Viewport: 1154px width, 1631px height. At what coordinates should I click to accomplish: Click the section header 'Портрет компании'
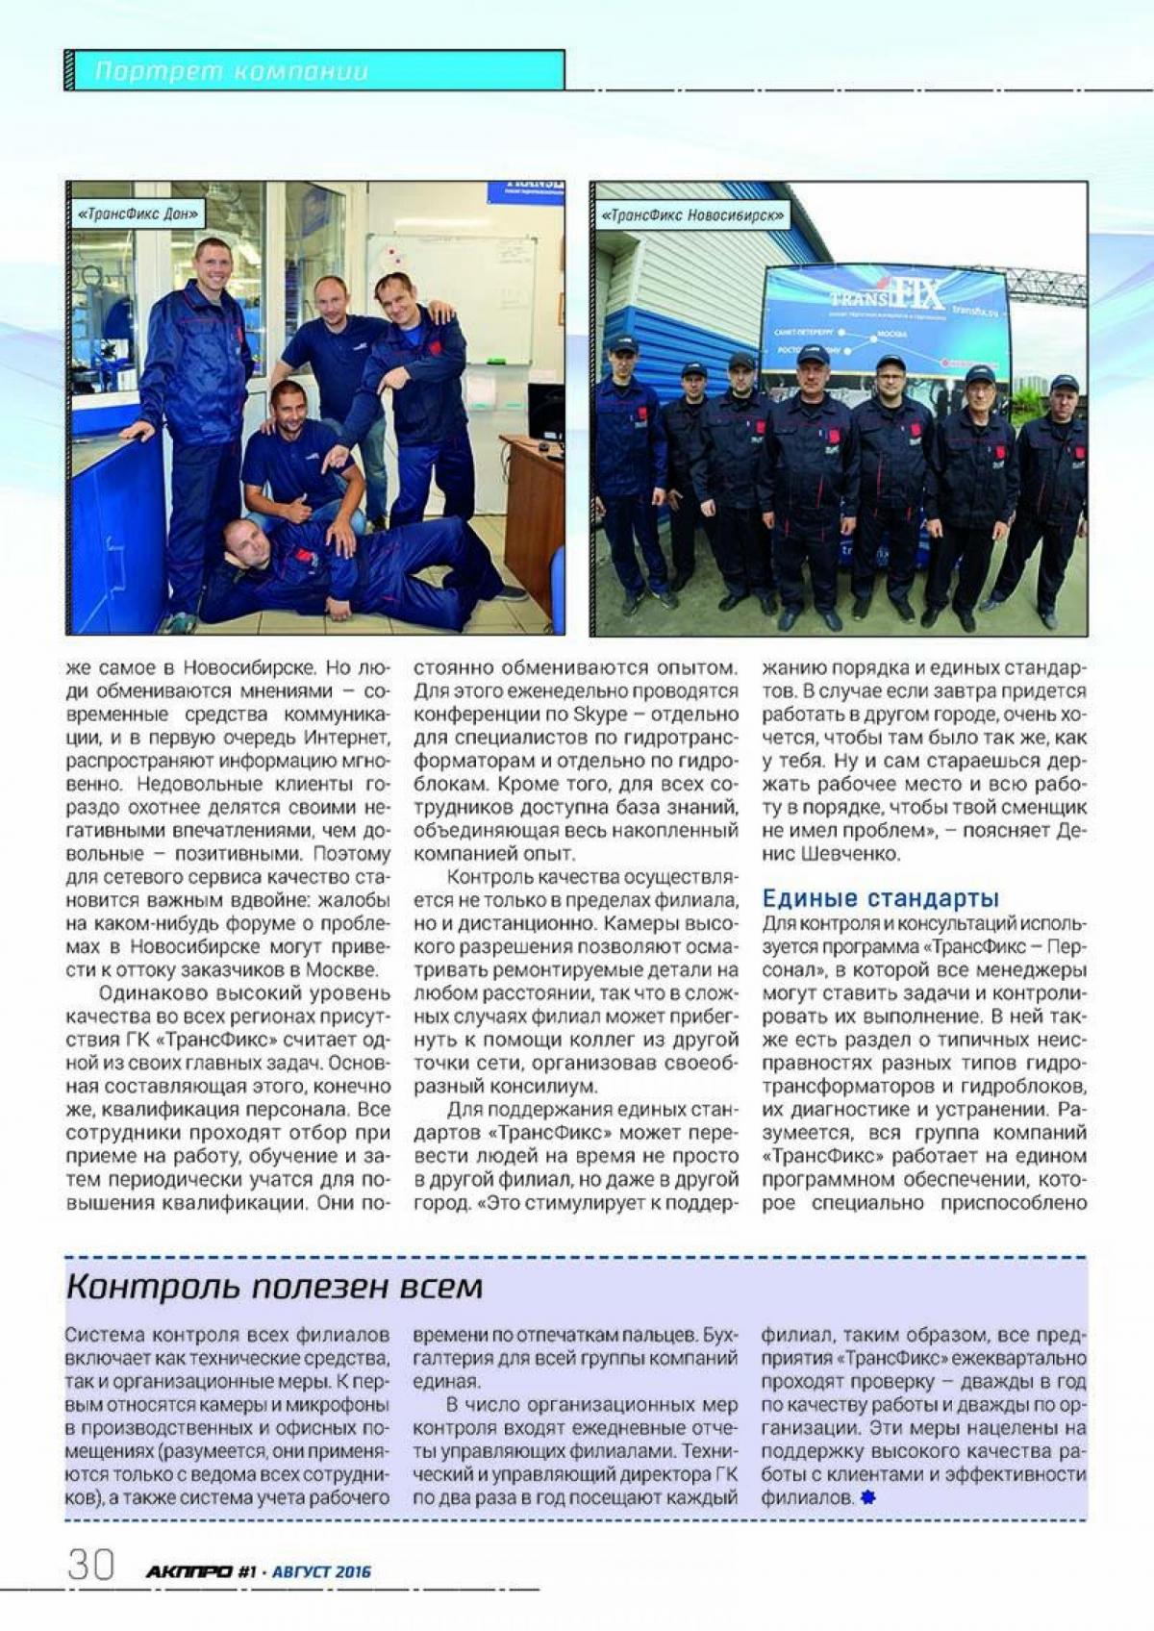pos(232,71)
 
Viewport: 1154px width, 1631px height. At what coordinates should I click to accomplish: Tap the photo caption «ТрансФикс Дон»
pos(138,213)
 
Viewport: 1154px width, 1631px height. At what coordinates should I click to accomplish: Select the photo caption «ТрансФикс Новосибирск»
pos(692,215)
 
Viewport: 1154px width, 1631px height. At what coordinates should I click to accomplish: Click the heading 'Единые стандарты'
pos(881,898)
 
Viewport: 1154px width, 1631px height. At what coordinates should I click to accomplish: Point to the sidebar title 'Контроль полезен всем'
pos(274,1287)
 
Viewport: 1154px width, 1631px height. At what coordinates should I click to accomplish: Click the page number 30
pos(90,1565)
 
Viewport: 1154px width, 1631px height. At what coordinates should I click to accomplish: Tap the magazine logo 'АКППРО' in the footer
pos(188,1571)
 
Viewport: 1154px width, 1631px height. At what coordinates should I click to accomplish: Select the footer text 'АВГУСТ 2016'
pos(321,1572)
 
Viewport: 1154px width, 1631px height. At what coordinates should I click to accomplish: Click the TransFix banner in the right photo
pos(885,317)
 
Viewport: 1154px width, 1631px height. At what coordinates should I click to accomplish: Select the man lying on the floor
pos(346,567)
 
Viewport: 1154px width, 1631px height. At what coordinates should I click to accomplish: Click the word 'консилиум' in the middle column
pos(542,1086)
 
